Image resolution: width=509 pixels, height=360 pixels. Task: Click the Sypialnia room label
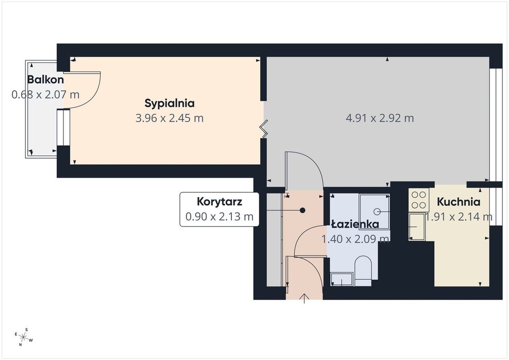169,104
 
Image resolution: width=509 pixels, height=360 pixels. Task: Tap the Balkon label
45,79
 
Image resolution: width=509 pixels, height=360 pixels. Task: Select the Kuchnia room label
459,202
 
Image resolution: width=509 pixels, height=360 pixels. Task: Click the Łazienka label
355,225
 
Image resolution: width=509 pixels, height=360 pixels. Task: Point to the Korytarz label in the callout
219,201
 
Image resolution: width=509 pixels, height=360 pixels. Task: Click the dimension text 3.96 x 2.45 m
169,118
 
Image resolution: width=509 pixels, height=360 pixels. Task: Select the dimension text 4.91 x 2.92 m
380,118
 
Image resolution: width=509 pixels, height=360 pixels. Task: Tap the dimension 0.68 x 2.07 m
45,95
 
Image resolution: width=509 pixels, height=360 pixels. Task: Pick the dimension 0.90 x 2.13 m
219,216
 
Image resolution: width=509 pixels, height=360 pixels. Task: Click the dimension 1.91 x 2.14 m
459,216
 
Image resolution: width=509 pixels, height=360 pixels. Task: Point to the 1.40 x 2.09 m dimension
355,239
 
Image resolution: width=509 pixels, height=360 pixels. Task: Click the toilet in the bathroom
363,271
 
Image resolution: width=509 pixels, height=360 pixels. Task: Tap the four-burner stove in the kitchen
419,200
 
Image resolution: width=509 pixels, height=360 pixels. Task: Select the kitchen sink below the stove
417,227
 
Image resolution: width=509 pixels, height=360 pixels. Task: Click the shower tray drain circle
377,212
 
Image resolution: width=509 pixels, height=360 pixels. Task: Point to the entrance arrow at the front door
304,299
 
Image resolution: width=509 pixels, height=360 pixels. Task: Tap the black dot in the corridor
302,210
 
